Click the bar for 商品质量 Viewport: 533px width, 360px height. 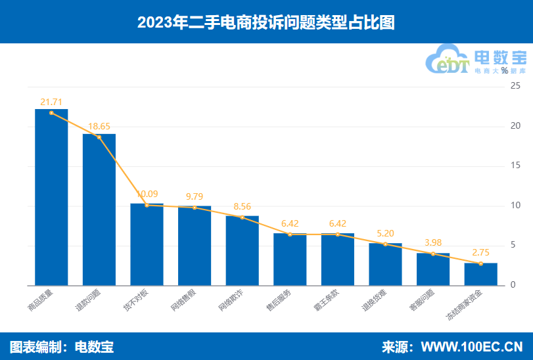pyautogui.click(x=51, y=197)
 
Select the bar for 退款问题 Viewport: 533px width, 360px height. pyautogui.click(x=99, y=210)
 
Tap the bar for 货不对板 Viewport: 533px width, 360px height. pyautogui.click(x=147, y=244)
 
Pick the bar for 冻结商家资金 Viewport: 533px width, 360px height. pyautogui.click(x=481, y=274)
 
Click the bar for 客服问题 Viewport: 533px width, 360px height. pyautogui.click(x=433, y=269)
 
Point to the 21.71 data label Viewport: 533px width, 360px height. pyautogui.click(x=51, y=102)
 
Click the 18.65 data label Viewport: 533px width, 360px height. pyautogui.click(x=99, y=127)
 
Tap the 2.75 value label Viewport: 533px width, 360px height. pyautogui.click(x=481, y=253)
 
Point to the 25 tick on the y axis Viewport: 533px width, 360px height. pyautogui.click(x=515, y=86)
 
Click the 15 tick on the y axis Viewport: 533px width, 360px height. pyautogui.click(x=515, y=166)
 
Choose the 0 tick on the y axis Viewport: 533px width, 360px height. pyautogui.click(x=513, y=286)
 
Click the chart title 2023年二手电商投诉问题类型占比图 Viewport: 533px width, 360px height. pyautogui.click(x=266, y=22)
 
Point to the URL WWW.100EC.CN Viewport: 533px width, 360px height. pyautogui.click(x=471, y=347)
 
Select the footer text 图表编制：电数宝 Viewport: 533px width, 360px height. pyautogui.click(x=62, y=347)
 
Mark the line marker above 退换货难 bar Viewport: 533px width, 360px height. pyautogui.click(x=385, y=244)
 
